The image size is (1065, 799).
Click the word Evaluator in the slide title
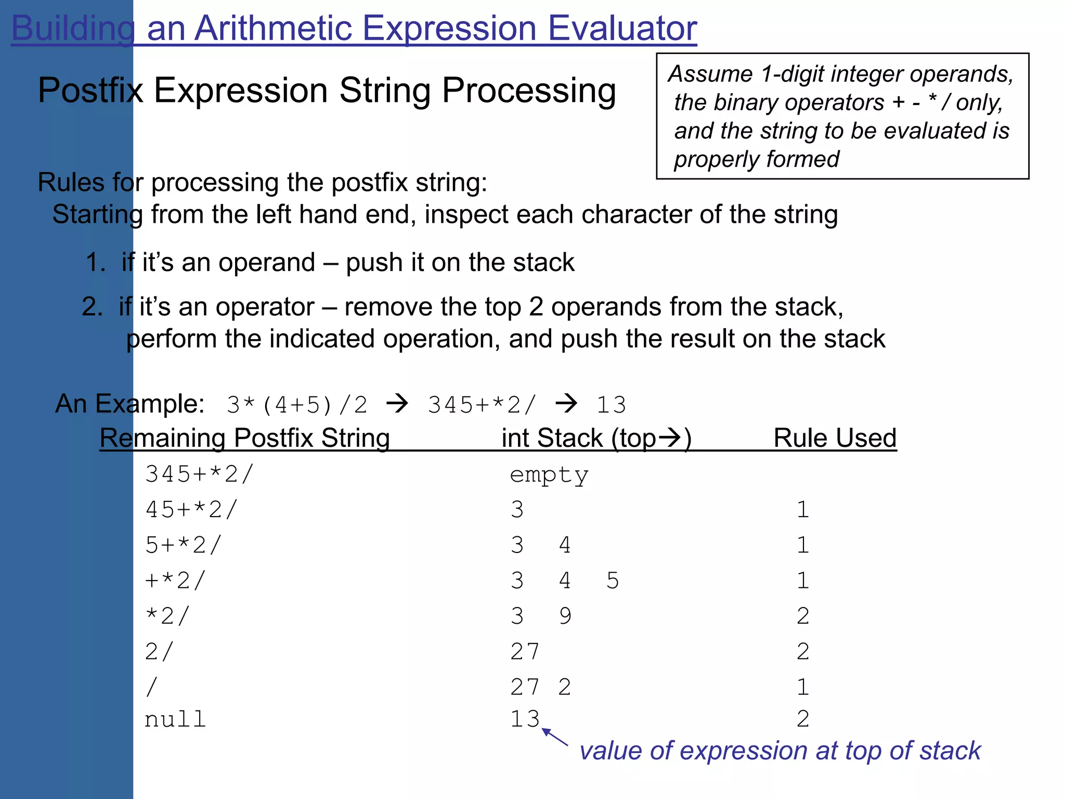(x=622, y=28)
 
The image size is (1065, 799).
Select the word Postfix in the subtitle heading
(x=90, y=91)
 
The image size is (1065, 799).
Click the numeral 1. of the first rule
(x=96, y=263)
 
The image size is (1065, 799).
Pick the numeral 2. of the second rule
(x=93, y=307)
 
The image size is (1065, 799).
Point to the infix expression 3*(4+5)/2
(x=297, y=405)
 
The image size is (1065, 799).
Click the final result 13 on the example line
(x=611, y=405)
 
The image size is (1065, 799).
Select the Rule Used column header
(x=835, y=438)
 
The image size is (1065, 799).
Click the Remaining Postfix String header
(x=244, y=438)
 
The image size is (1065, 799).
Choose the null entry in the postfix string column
(x=175, y=720)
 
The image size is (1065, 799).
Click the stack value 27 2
(x=540, y=687)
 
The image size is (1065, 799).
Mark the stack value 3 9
(x=541, y=616)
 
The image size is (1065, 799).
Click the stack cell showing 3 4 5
(x=564, y=581)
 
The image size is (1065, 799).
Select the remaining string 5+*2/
(x=183, y=545)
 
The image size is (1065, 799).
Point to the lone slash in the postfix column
(x=151, y=687)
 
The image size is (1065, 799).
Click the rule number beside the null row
(x=802, y=719)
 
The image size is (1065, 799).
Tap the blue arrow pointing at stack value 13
(x=554, y=738)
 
